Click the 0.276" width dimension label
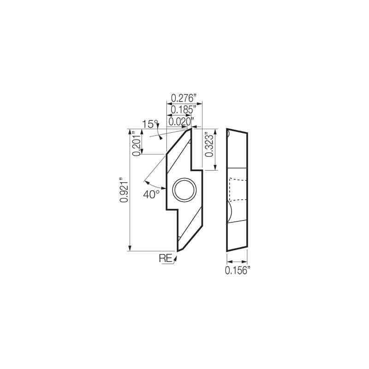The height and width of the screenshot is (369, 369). point(184,98)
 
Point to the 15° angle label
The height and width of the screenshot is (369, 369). point(150,124)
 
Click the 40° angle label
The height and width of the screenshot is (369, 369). point(151,194)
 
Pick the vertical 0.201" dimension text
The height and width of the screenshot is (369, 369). point(136,144)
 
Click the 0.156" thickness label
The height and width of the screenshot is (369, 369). point(237,271)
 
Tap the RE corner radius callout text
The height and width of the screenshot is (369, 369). point(166,258)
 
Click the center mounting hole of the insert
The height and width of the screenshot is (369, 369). point(184,190)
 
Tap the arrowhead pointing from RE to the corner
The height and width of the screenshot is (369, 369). point(175,260)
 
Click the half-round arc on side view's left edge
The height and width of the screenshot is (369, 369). point(229,213)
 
